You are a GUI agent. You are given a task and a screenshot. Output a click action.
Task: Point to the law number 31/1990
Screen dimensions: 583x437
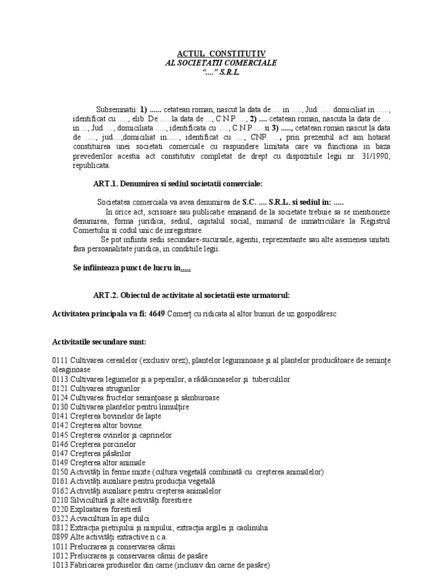coord(371,157)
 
